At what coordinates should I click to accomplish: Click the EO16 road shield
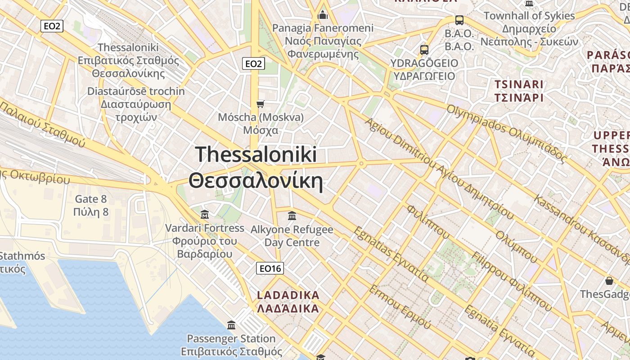pyautogui.click(x=270, y=269)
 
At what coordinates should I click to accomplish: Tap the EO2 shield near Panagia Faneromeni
pyautogui.click(x=253, y=64)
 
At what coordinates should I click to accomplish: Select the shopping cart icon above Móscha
pyautogui.click(x=260, y=104)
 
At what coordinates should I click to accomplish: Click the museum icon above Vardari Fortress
pyautogui.click(x=205, y=214)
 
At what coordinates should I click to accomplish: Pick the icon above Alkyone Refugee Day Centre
pyautogui.click(x=292, y=216)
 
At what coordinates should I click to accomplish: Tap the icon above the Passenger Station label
pyautogui.click(x=231, y=325)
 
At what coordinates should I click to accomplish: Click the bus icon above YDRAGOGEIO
pyautogui.click(x=424, y=49)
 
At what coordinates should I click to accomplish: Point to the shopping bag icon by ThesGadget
pyautogui.click(x=609, y=281)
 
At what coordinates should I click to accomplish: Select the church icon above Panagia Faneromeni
pyautogui.click(x=322, y=15)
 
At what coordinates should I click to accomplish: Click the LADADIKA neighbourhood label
pyautogui.click(x=288, y=302)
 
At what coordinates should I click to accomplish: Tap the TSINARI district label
pyautogui.click(x=519, y=91)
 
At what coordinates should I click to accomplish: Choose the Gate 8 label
pyautogui.click(x=91, y=205)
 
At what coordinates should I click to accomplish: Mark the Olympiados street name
pyautogui.click(x=506, y=133)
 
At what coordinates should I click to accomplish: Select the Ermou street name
pyautogui.click(x=400, y=306)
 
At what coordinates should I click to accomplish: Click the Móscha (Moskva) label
pyautogui.click(x=261, y=124)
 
